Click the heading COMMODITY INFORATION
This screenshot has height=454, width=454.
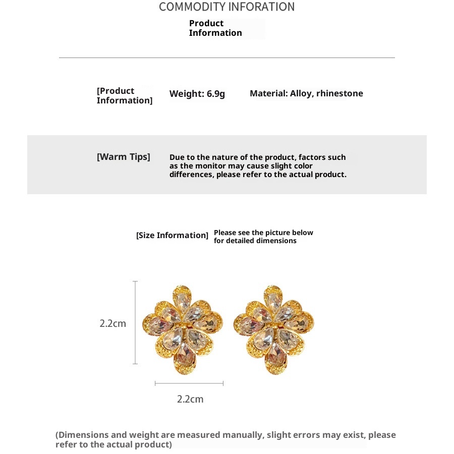point(226,7)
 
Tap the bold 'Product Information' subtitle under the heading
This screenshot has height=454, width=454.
point(215,28)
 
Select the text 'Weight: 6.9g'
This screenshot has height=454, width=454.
point(197,94)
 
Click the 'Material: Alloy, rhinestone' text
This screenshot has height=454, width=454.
point(306,93)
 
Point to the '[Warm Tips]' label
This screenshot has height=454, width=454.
point(124,157)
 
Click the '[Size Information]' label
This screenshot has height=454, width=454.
point(172,236)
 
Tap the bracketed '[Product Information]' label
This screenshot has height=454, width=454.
point(124,96)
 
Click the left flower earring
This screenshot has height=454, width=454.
point(182,329)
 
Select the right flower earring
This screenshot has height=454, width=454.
point(273,329)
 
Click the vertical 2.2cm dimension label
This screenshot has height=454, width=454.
point(112,323)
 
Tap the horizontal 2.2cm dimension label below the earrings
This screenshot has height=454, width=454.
point(190,399)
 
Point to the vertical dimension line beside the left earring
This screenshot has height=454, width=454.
point(135,323)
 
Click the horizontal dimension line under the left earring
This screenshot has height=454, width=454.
point(189,383)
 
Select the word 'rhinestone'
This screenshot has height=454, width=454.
point(339,93)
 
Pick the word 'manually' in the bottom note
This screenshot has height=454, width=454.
point(245,435)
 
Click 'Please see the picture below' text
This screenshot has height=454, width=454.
point(263,233)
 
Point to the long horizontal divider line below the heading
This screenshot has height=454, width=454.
point(227,58)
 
